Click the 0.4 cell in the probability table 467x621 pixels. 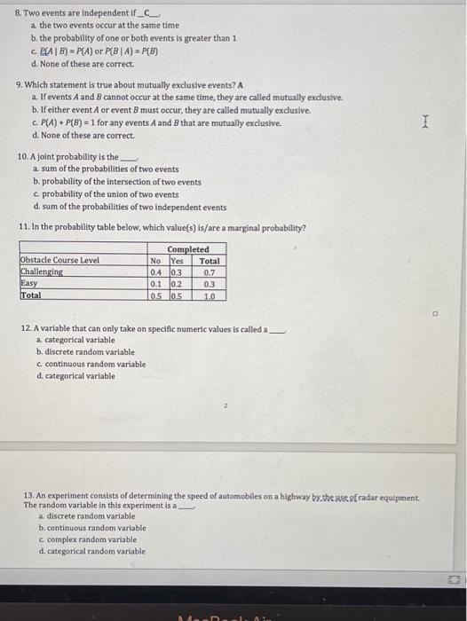point(156,272)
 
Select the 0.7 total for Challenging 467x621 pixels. point(210,272)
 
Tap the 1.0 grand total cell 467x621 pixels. point(210,295)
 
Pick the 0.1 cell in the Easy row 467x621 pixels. point(156,284)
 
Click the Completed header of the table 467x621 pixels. point(187,249)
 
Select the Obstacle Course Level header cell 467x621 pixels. point(59,261)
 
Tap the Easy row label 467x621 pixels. point(29,284)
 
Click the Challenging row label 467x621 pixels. point(42,272)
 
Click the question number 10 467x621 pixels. point(24,157)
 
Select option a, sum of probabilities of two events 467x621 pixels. point(108,169)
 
